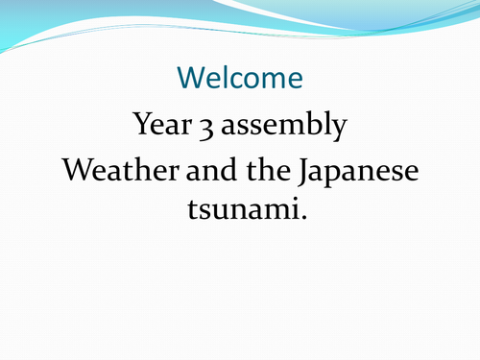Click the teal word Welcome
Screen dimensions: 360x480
tap(240, 77)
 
